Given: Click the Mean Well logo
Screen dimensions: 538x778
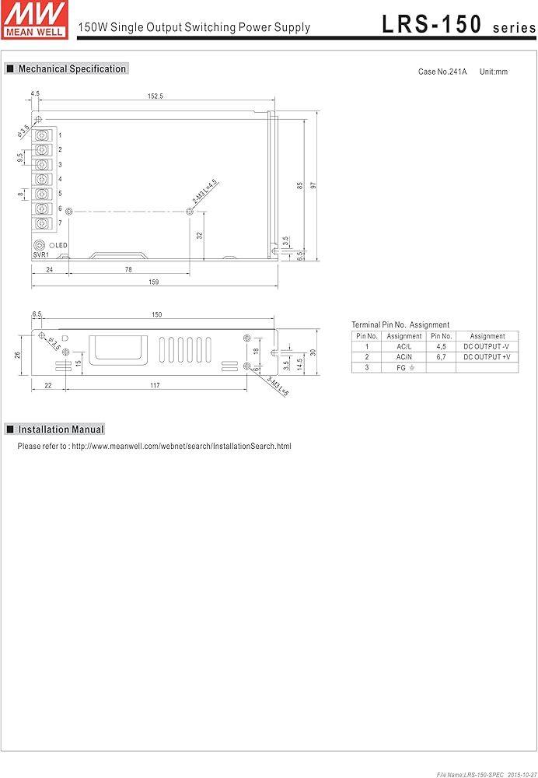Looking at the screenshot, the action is pyautogui.click(x=34, y=20).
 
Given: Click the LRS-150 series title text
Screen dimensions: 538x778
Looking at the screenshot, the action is pyautogui.click(x=459, y=25).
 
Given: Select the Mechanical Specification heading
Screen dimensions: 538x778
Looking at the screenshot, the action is pyautogui.click(x=66, y=69).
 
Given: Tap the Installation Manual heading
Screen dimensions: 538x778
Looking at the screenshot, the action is pyautogui.click(x=55, y=429).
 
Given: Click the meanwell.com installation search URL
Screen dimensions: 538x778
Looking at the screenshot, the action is pyautogui.click(x=181, y=446).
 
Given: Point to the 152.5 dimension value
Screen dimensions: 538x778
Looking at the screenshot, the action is pyautogui.click(x=155, y=96).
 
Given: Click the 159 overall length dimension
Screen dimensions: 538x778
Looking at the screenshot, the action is pyautogui.click(x=154, y=282).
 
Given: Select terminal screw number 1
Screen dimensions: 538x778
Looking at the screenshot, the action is pyautogui.click(x=43, y=135).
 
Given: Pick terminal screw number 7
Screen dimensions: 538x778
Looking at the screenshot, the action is pyautogui.click(x=43, y=223).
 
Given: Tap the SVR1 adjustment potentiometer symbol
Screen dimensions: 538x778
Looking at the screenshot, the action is pyautogui.click(x=39, y=246).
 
